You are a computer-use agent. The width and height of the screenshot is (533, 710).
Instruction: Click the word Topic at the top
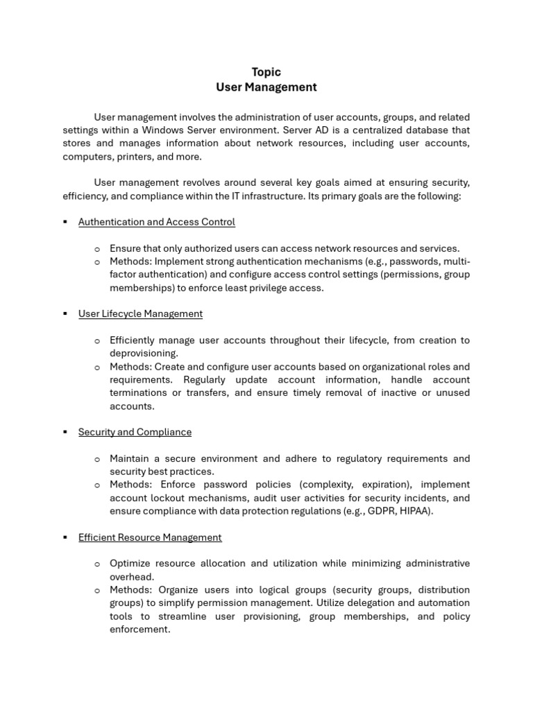click(266, 72)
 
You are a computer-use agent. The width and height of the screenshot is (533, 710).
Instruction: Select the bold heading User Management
click(266, 87)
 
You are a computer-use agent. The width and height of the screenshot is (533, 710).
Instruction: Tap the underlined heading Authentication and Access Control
click(157, 222)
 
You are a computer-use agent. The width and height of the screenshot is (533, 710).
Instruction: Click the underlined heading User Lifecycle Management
click(140, 313)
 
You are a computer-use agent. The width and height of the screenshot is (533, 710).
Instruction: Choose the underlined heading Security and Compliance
click(135, 432)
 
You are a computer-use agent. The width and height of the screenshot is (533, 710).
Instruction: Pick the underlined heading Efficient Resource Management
click(150, 537)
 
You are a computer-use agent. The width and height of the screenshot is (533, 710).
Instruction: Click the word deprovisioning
click(143, 353)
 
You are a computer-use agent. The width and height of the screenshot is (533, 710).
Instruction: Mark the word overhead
click(132, 576)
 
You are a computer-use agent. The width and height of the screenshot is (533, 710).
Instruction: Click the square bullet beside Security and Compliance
click(65, 432)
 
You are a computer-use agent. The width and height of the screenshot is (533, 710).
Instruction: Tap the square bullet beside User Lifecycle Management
click(65, 313)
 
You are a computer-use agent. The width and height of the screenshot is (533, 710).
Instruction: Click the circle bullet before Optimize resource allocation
click(97, 564)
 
